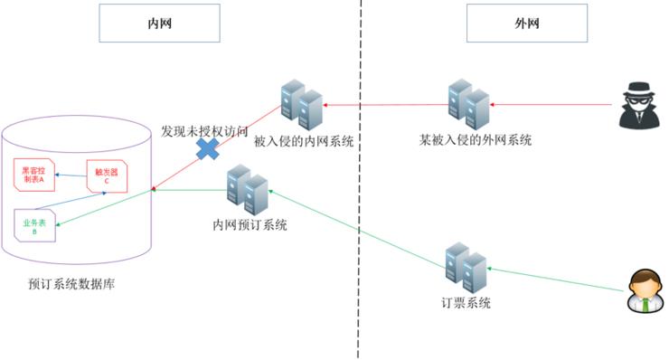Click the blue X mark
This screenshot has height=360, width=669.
click(208, 148)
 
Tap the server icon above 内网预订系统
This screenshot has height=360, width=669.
click(247, 189)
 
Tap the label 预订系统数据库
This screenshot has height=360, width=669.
click(71, 284)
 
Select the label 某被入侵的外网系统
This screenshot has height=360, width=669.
click(475, 141)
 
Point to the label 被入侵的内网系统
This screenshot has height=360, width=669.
click(303, 141)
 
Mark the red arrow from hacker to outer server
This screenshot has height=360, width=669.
click(551, 106)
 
